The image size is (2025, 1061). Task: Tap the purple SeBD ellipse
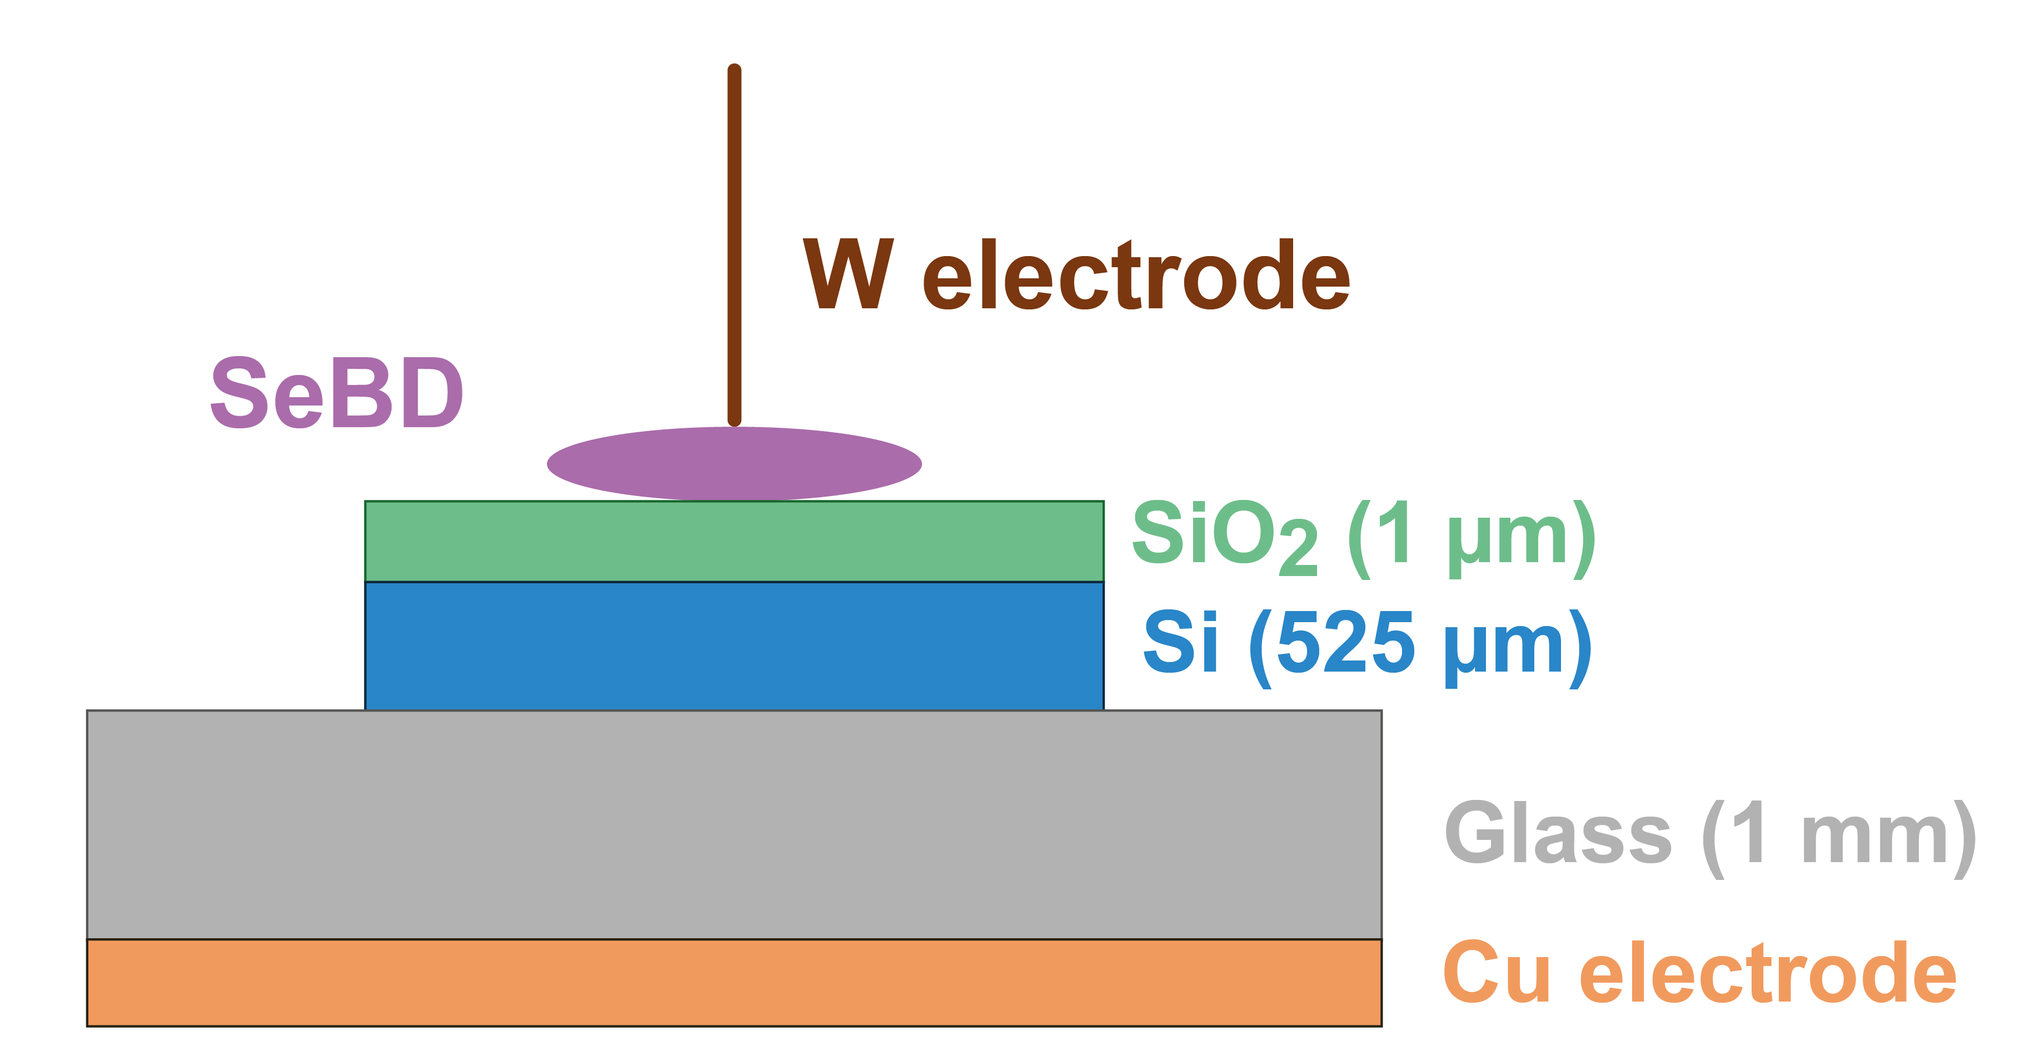(x=734, y=464)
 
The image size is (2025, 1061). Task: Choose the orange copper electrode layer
(x=734, y=983)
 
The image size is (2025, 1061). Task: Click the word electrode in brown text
(x=1136, y=275)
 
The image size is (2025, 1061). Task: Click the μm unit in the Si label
(x=1505, y=648)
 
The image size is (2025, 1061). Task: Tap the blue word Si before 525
(x=1180, y=643)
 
